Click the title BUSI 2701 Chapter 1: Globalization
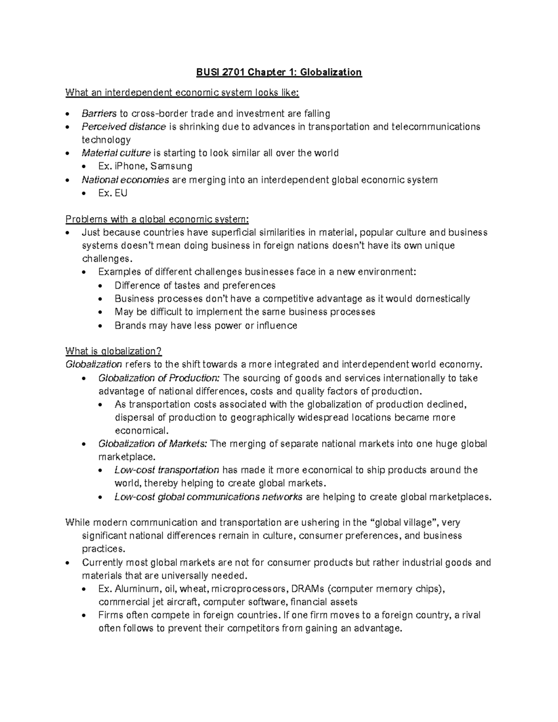click(x=279, y=72)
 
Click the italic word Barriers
click(x=99, y=114)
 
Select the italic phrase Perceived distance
click(x=124, y=127)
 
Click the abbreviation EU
click(x=121, y=193)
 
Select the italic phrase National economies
click(x=125, y=180)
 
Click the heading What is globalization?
click(x=113, y=351)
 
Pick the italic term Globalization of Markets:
click(x=153, y=444)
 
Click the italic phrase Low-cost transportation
click(x=167, y=470)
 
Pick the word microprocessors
click(x=249, y=589)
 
